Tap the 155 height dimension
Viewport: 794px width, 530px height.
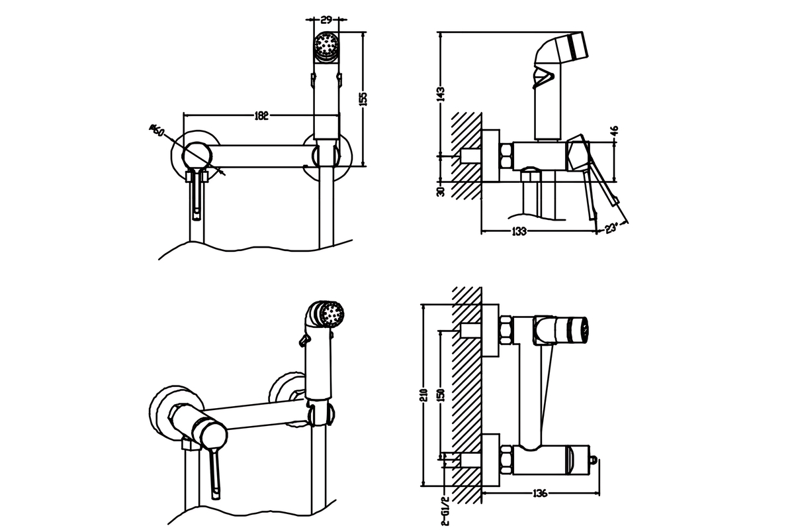(x=363, y=97)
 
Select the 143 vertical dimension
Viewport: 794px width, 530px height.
(x=441, y=93)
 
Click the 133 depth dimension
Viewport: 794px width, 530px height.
(x=519, y=231)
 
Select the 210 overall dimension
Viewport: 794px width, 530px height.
(x=424, y=396)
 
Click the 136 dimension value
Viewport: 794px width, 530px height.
(x=540, y=493)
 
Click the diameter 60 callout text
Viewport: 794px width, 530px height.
(x=157, y=129)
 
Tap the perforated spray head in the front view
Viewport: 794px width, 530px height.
(x=326, y=46)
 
